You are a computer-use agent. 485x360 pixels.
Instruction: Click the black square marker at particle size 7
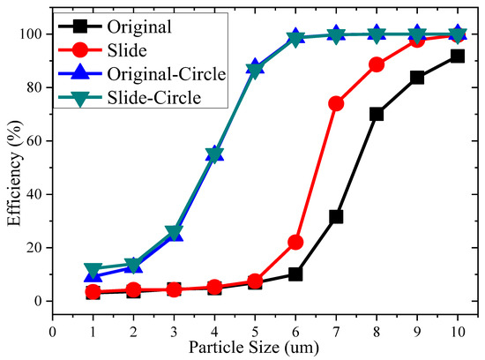(x=336, y=216)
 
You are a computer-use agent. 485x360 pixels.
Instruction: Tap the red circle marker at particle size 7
(x=336, y=103)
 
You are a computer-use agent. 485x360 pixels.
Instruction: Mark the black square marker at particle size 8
(x=377, y=114)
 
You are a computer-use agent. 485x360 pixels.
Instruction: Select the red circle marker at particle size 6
(x=295, y=242)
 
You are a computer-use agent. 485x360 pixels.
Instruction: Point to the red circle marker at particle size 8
(x=377, y=64)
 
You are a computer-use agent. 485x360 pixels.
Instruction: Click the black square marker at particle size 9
(x=417, y=78)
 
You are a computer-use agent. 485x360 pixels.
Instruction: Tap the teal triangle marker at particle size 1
(x=93, y=269)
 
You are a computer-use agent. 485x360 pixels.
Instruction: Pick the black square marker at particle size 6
(x=295, y=274)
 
